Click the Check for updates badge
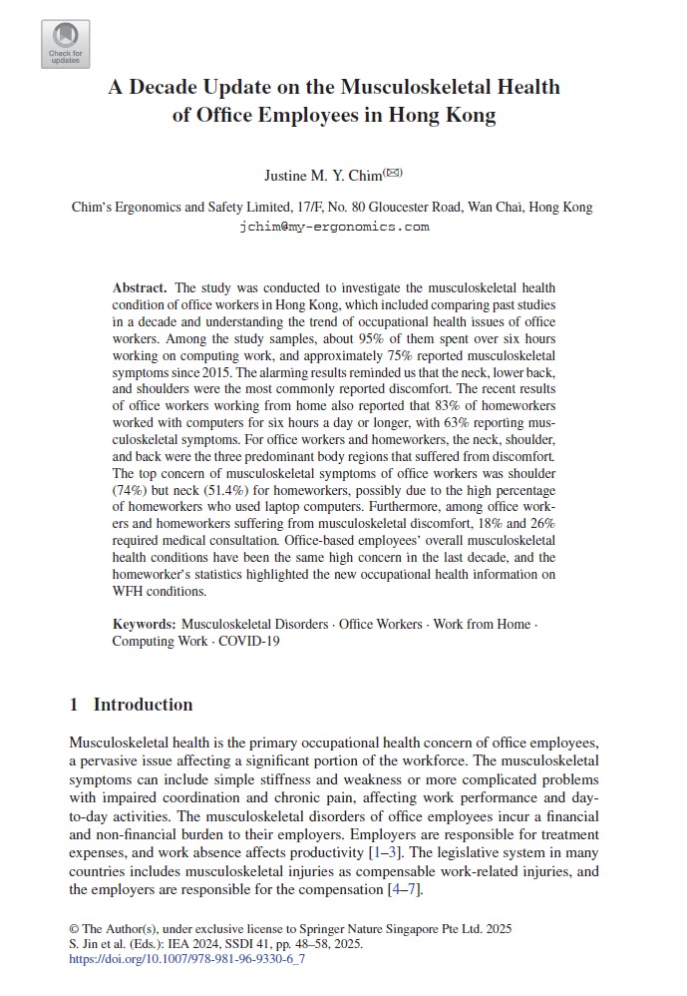[x=65, y=44]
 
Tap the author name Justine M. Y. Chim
[x=323, y=177]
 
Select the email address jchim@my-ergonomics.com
[x=334, y=227]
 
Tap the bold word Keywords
[x=144, y=625]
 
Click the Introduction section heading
[x=143, y=705]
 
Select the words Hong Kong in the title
[x=440, y=115]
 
